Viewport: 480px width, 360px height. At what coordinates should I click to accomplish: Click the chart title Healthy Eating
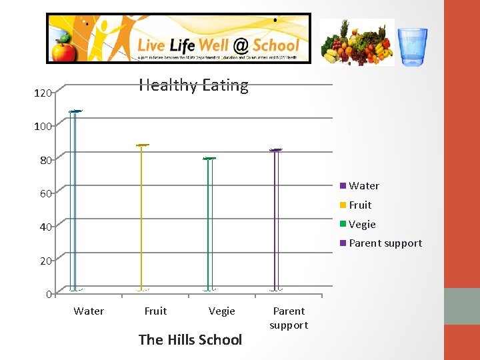point(193,85)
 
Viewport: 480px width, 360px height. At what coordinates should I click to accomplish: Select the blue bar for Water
point(74,200)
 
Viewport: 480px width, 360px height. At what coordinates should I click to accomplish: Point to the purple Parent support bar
point(275,220)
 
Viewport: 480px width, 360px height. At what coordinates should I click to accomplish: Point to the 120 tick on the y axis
point(43,93)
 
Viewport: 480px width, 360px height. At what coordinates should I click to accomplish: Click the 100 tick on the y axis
point(43,126)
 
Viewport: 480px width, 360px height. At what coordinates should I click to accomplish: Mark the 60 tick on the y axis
point(45,194)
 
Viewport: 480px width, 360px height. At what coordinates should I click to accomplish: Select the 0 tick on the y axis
point(49,294)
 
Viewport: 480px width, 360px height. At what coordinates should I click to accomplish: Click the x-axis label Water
point(89,311)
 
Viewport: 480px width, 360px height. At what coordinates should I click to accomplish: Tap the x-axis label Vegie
point(222,311)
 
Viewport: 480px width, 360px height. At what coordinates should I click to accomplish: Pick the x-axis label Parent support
point(289,318)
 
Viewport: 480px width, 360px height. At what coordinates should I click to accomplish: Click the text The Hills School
point(190,340)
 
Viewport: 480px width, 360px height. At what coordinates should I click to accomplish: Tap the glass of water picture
point(413,46)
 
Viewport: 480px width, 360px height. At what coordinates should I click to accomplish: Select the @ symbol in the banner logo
point(241,46)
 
